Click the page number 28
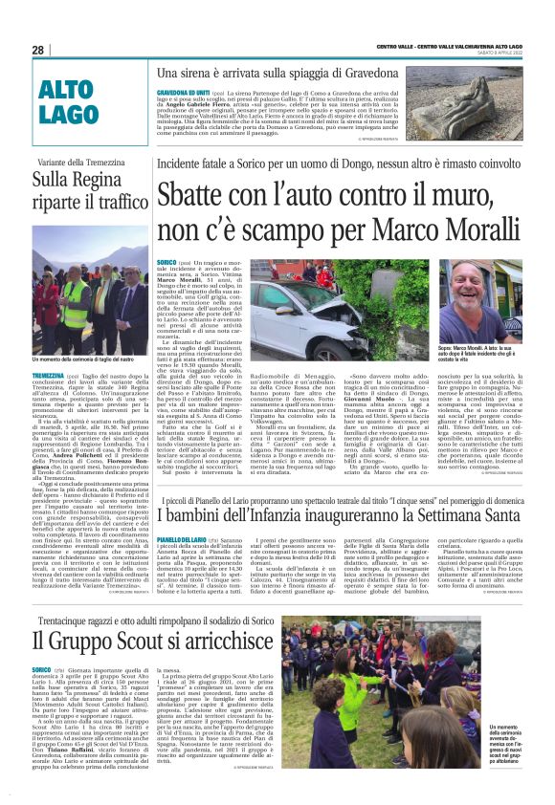click(38, 50)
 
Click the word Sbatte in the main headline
click(199, 205)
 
